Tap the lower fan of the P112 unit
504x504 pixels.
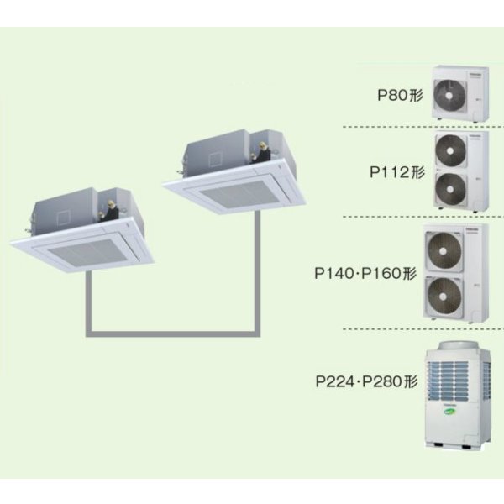450,189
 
